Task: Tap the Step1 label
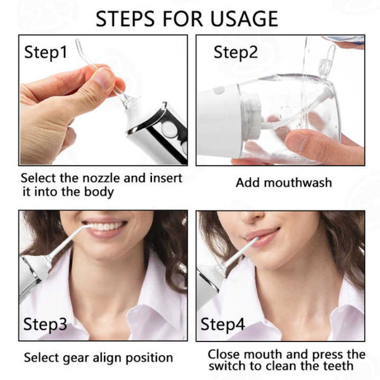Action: [46, 52]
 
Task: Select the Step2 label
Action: [235, 52]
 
